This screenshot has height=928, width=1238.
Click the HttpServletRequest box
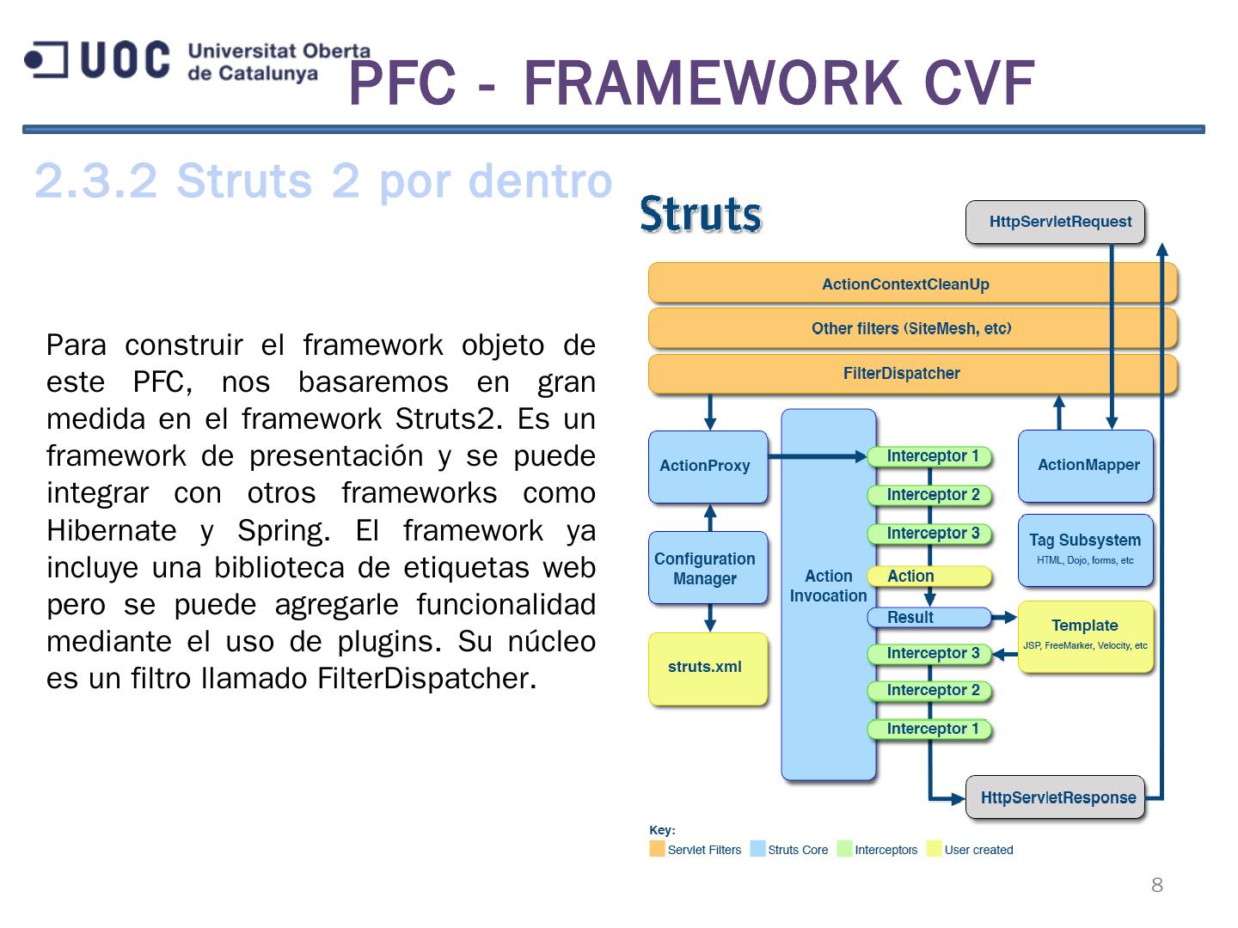1055,222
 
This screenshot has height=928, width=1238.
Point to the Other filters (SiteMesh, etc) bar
911,328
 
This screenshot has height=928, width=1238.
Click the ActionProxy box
707,466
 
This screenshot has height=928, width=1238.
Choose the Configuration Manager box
707,568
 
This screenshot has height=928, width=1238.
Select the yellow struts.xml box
707,668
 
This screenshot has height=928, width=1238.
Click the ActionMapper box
1086,466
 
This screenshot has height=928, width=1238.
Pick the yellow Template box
1085,636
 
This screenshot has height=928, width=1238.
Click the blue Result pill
927,617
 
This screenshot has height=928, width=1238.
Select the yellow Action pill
927,577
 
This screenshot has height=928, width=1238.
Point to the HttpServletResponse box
1057,798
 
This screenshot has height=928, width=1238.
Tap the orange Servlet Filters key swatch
658,850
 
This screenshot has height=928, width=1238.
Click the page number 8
1157,885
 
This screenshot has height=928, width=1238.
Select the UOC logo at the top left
97,60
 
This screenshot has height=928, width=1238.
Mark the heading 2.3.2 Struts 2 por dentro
323,181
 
